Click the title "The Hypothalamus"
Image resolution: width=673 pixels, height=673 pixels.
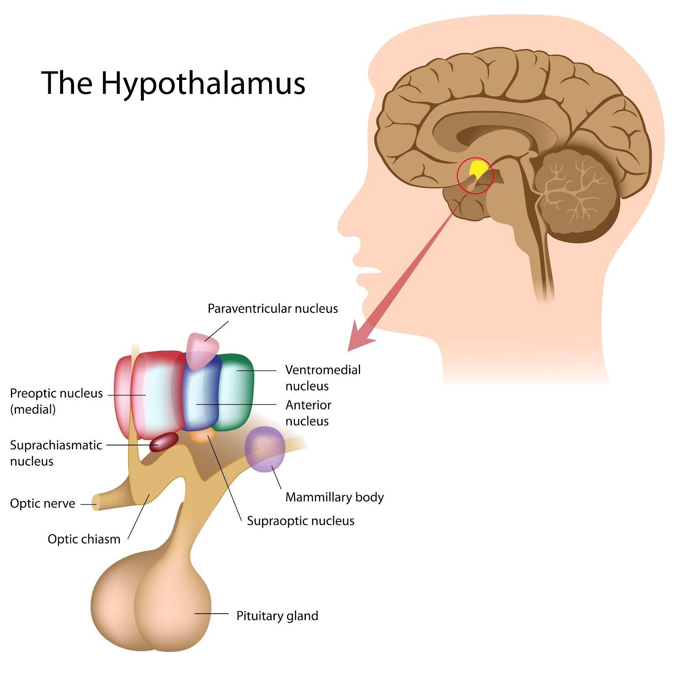[x=173, y=83]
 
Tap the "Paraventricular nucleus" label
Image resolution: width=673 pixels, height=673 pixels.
[x=273, y=309]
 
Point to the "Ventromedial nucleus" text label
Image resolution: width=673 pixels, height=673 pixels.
[x=323, y=378]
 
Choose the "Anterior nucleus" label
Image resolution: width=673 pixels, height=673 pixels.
[x=308, y=413]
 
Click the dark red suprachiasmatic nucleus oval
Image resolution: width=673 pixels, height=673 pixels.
[x=164, y=442]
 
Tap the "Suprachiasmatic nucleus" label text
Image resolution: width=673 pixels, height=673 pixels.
[x=56, y=453]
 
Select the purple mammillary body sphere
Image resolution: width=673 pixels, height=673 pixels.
[x=265, y=449]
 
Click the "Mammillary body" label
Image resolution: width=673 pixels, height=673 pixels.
[x=334, y=497]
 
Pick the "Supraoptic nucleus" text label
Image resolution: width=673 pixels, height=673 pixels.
[x=300, y=521]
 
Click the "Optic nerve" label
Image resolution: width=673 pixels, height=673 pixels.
[x=42, y=503]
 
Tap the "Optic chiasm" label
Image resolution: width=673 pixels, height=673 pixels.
[x=84, y=539]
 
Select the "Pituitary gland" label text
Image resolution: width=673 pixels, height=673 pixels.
[x=277, y=616]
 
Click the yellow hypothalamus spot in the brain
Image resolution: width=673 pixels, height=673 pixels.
[x=478, y=168]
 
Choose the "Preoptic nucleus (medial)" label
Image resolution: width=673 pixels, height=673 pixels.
[x=56, y=401]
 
